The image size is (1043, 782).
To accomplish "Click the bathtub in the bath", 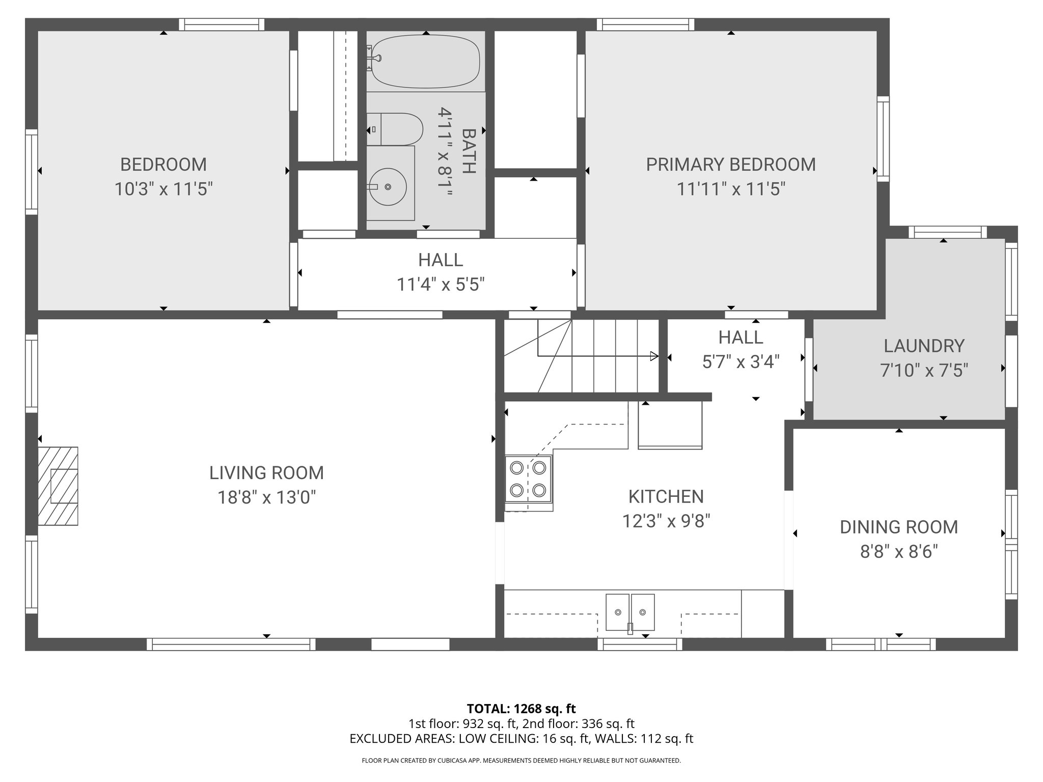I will pos(426,61).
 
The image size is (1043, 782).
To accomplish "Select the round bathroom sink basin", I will pos(388,187).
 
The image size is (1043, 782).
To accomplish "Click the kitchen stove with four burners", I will pos(528,479).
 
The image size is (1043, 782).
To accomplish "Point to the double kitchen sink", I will pos(630,612).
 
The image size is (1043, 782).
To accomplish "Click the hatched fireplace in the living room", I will pos(58,486).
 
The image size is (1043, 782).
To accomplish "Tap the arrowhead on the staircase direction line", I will pos(654,356).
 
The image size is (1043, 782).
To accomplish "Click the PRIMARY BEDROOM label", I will pos(730,164).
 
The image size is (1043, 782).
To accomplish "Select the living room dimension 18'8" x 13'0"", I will pos(267,497).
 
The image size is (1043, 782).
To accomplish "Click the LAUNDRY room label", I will pos(924,346).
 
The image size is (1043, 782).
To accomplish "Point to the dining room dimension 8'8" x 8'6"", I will pos(899,551).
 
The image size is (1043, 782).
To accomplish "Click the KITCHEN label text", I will pos(666,496).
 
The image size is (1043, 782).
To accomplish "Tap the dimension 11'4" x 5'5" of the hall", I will pos(441,285).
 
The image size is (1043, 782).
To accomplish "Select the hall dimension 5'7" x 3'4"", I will pos(740,362).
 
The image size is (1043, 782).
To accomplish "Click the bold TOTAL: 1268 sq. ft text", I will pos(521,709).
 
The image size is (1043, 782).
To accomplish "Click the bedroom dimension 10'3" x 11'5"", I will pos(163,189).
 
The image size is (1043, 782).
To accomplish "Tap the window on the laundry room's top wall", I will pos(948,232).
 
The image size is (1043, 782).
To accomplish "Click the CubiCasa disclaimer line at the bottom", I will pos(521,761).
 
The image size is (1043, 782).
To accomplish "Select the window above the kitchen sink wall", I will pos(640,645).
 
